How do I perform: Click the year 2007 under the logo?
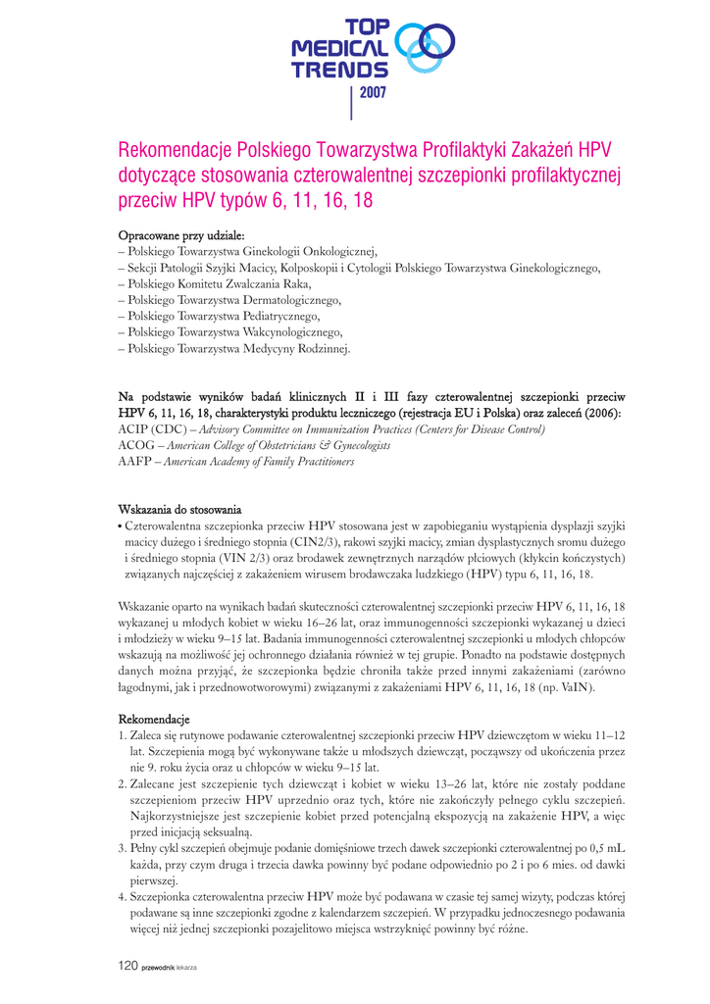pyautogui.click(x=374, y=93)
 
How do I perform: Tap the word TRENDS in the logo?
pyautogui.click(x=339, y=70)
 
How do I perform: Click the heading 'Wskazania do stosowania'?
pyautogui.click(x=179, y=510)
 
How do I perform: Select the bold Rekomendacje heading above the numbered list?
pyautogui.click(x=154, y=721)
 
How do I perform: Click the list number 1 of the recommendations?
pyautogui.click(x=122, y=735)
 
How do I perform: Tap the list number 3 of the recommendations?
pyautogui.click(x=122, y=848)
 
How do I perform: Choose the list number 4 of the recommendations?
pyautogui.click(x=122, y=897)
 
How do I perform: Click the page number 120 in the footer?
pyautogui.click(x=127, y=967)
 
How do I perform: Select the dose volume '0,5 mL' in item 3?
pyautogui.click(x=605, y=848)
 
